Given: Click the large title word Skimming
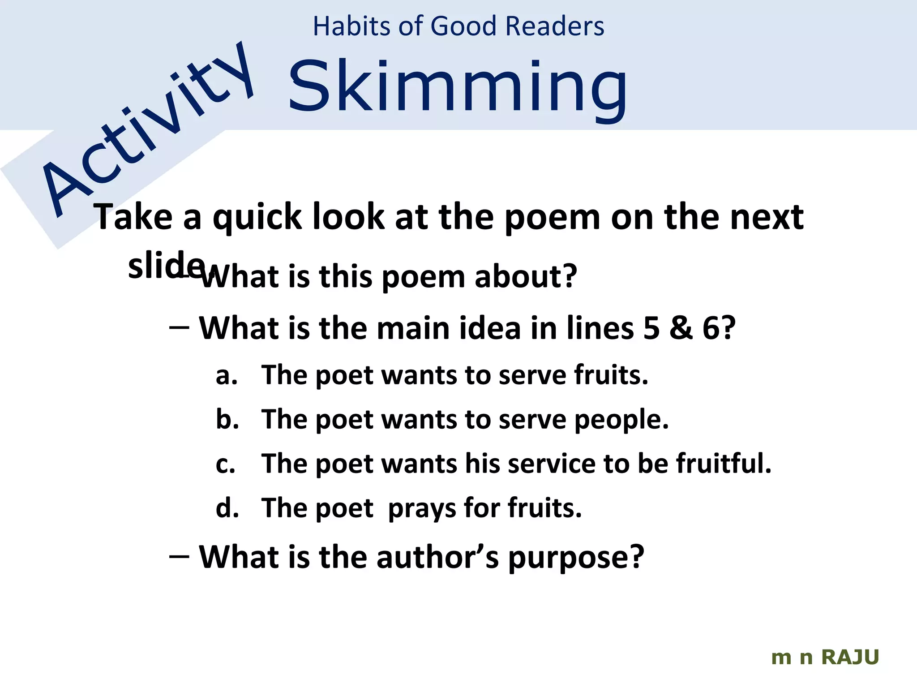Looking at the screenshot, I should click(458, 87).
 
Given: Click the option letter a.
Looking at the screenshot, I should click(226, 375).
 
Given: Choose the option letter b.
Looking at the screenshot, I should click(227, 419).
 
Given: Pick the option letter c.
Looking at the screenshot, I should click(225, 464).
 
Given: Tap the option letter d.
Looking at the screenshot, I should click(227, 508).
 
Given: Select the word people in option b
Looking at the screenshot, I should click(621, 420).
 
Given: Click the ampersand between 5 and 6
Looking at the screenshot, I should click(681, 328).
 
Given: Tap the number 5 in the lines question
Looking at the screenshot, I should click(651, 328).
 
